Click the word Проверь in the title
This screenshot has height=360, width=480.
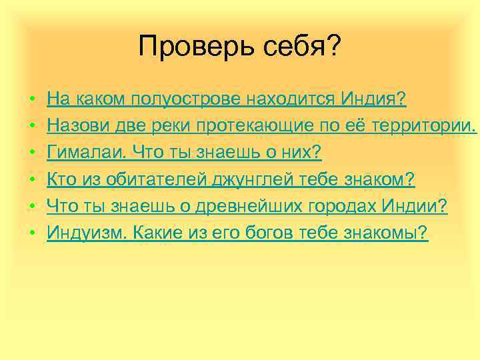click(x=179, y=47)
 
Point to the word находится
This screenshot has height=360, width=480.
click(x=291, y=100)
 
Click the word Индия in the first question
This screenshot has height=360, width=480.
click(x=373, y=100)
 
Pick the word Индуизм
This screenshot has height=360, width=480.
click(x=85, y=233)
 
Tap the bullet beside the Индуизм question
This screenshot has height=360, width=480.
click(x=33, y=234)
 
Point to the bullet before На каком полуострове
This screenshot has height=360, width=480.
click(x=33, y=101)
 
